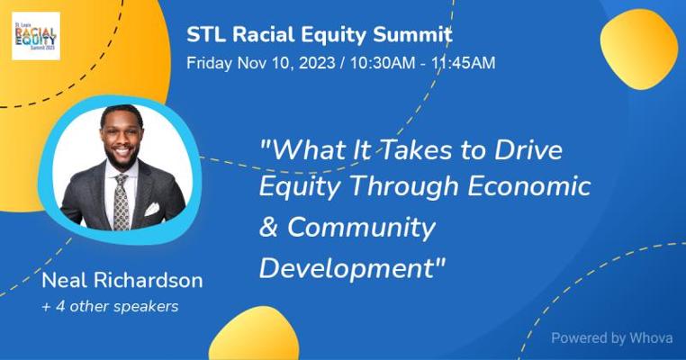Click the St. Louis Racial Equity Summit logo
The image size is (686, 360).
(36, 36)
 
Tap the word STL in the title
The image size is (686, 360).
(206, 34)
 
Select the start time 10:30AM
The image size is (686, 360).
(383, 63)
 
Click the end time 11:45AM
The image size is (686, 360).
(464, 63)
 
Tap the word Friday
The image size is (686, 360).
(209, 63)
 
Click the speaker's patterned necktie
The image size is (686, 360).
(122, 202)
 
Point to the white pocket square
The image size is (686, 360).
(152, 209)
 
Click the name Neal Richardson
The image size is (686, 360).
(122, 281)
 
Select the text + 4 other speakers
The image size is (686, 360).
(110, 306)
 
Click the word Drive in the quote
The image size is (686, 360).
(528, 150)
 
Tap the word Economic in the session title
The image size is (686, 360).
(529, 186)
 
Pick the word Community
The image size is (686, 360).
(361, 229)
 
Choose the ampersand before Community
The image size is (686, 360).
(268, 227)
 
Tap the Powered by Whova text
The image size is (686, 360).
(611, 338)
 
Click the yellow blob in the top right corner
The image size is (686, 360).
(639, 49)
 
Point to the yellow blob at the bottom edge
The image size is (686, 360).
(254, 335)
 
